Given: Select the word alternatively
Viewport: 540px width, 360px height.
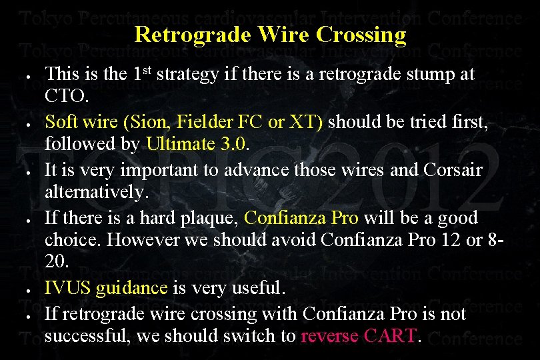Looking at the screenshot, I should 96,193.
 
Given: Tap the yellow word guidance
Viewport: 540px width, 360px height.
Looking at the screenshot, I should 131,289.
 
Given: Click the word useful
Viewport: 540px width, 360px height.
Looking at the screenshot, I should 256,289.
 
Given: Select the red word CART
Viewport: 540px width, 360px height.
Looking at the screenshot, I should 391,337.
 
